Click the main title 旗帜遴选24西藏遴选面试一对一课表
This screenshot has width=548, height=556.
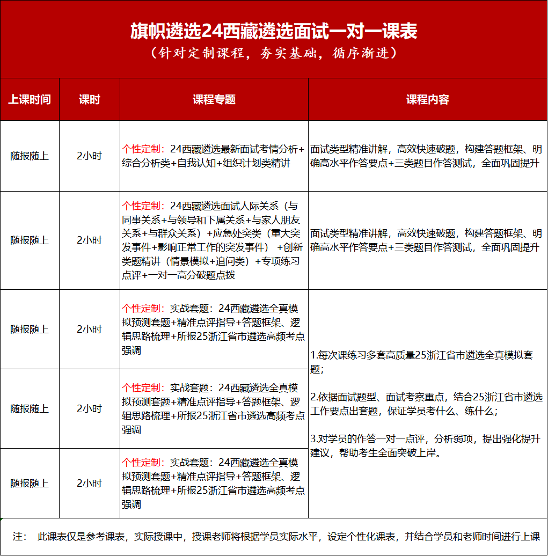click(x=274, y=31)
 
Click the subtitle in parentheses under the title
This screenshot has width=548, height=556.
click(x=274, y=54)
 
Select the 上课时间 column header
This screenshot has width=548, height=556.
click(x=30, y=100)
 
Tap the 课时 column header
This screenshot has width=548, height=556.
click(x=89, y=100)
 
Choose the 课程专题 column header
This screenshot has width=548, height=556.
click(x=214, y=100)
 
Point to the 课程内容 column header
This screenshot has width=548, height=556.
click(x=427, y=100)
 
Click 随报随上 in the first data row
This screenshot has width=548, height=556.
click(x=30, y=156)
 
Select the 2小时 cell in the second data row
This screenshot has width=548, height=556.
click(x=89, y=240)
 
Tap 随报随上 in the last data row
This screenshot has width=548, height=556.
click(x=30, y=483)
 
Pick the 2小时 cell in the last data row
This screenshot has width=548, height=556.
click(x=89, y=483)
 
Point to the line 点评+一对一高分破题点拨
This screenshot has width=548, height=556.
click(x=178, y=275)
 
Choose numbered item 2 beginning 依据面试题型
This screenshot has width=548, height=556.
click(x=426, y=404)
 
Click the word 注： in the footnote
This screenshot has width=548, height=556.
click(x=20, y=537)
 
